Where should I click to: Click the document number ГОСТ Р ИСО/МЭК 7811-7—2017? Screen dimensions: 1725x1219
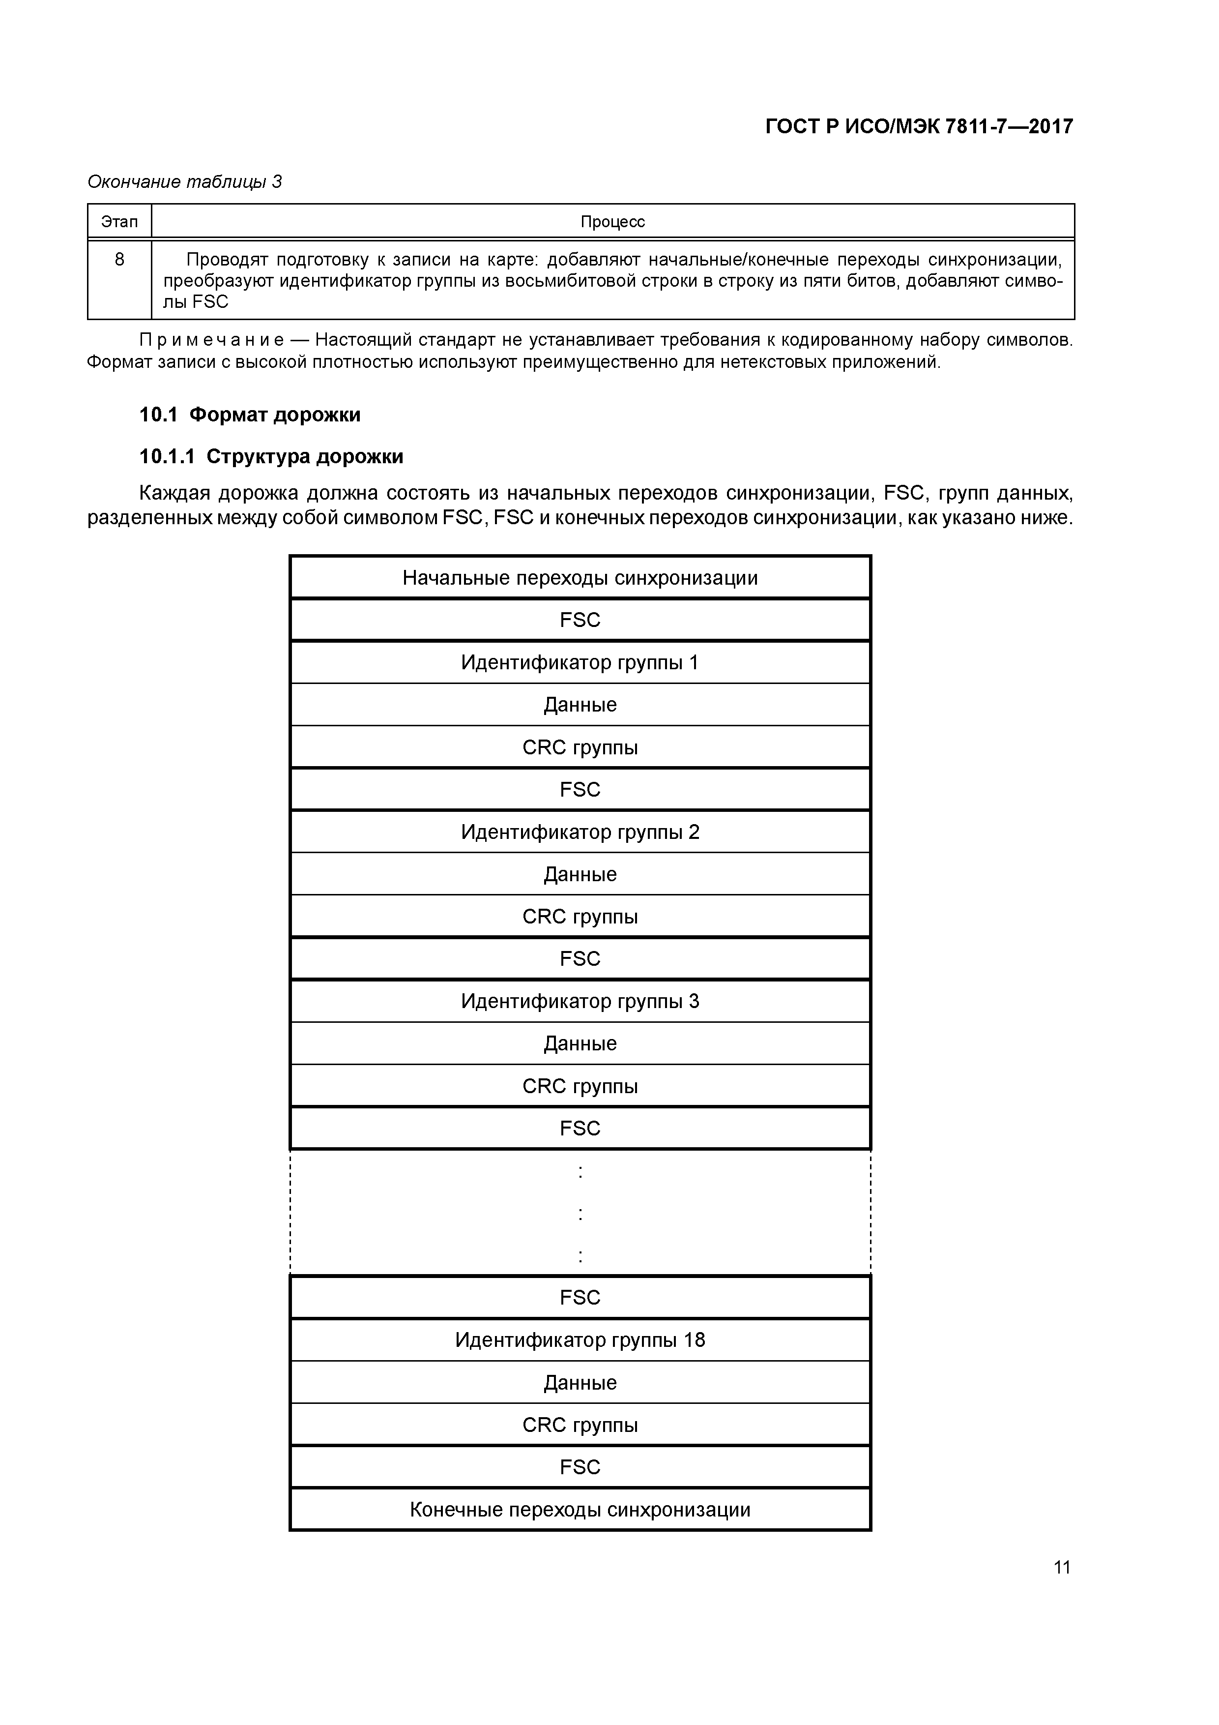click(919, 126)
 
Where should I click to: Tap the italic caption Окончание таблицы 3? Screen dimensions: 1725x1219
click(185, 182)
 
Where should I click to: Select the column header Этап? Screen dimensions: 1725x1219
click(119, 222)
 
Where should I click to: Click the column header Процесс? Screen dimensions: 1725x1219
click(612, 222)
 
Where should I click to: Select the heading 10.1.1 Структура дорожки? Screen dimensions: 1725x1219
click(271, 457)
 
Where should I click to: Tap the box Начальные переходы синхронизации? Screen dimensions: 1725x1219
click(580, 578)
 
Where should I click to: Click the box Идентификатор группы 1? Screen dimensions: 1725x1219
click(580, 663)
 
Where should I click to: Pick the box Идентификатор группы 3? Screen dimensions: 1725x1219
click(580, 1002)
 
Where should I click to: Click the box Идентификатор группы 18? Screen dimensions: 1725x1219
click(580, 1340)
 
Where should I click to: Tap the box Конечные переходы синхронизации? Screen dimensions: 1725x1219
click(580, 1510)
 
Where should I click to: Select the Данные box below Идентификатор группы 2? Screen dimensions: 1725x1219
click(580, 874)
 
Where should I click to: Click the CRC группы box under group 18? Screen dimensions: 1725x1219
click(580, 1425)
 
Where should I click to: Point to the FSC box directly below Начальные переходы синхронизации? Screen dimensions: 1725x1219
click(580, 620)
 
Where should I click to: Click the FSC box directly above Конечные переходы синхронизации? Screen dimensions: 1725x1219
click(580, 1467)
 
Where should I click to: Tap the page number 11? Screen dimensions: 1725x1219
click(1061, 1567)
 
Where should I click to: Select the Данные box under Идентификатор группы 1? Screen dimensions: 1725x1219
click(580, 705)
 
